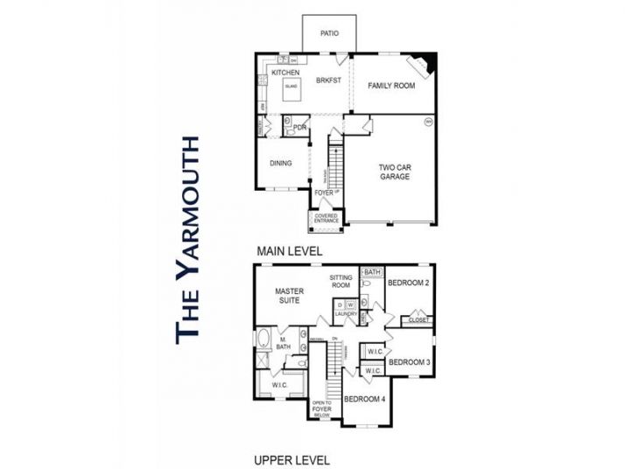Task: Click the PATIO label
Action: click(x=329, y=36)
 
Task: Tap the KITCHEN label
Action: click(x=285, y=73)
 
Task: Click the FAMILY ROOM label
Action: click(x=390, y=86)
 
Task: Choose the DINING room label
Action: click(x=281, y=163)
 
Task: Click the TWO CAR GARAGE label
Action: click(x=394, y=171)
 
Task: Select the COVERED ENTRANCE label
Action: click(x=326, y=218)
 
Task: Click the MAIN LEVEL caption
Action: click(x=290, y=251)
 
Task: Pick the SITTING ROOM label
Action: click(x=341, y=282)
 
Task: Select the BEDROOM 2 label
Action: click(x=408, y=282)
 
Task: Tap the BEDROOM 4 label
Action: click(x=364, y=399)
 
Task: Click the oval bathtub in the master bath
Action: click(x=263, y=339)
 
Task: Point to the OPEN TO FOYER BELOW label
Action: click(x=322, y=409)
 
